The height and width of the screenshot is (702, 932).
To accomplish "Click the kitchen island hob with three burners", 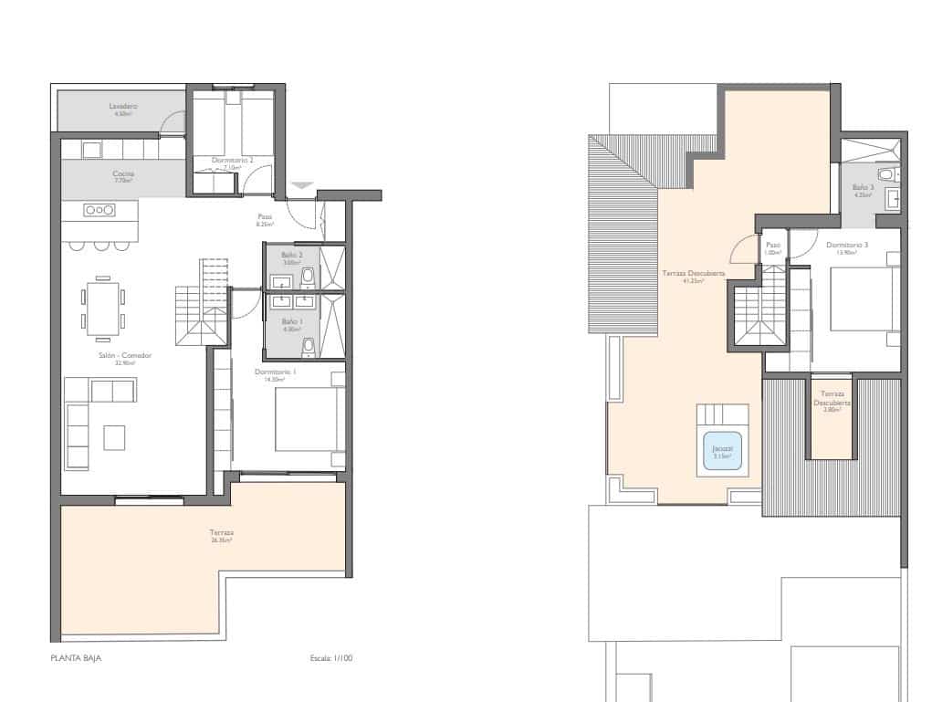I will [99, 210].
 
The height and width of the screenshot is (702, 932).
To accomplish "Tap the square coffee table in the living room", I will [114, 437].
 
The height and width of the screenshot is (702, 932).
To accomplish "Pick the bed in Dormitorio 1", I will [310, 419].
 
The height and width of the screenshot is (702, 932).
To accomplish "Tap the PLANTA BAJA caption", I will [76, 657].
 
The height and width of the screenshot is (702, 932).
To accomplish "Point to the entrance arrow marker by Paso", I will [302, 186].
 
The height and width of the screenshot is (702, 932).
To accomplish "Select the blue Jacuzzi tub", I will [721, 451].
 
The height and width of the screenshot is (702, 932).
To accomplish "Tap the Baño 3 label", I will [864, 189].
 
